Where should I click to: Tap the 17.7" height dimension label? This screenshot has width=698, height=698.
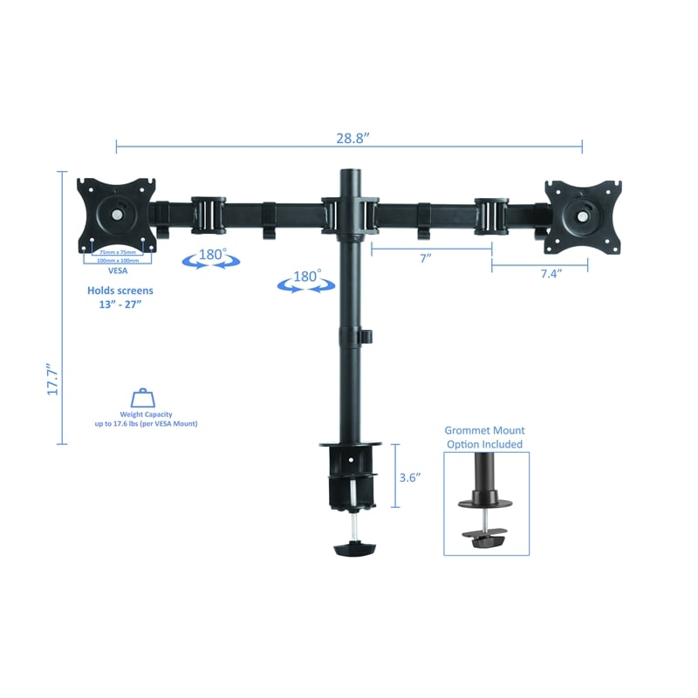click(x=52, y=380)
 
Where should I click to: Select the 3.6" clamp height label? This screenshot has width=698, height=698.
click(x=410, y=477)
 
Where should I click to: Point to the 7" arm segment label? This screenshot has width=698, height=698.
click(x=425, y=259)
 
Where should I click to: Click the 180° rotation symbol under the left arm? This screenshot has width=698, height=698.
click(x=209, y=257)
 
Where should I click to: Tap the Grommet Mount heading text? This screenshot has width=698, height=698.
click(x=484, y=430)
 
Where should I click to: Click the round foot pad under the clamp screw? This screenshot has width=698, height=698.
click(x=353, y=550)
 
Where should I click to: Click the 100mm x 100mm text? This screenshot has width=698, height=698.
click(x=117, y=260)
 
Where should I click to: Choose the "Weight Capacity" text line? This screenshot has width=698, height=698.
click(x=146, y=414)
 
